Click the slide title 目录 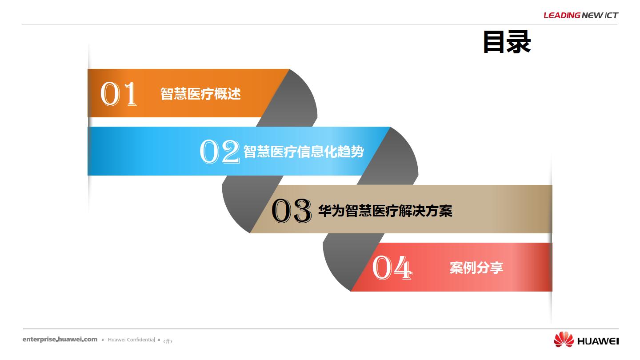(x=507, y=42)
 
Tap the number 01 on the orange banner (x=119, y=94)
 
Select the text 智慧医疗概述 (x=200, y=94)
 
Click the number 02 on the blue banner (x=220, y=152)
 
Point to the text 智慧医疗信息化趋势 (x=304, y=152)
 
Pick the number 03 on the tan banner (x=292, y=211)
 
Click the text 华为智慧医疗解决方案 (x=385, y=211)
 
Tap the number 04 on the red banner (x=392, y=268)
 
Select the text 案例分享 (x=476, y=268)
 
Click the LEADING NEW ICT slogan (x=581, y=16)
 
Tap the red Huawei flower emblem (x=564, y=340)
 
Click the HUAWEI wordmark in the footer (x=598, y=341)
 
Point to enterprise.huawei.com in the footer (x=60, y=340)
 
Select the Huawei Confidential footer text (x=132, y=340)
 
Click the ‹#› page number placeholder (x=168, y=341)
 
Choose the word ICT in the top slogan (x=612, y=16)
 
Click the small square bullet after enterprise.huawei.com (x=103, y=340)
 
